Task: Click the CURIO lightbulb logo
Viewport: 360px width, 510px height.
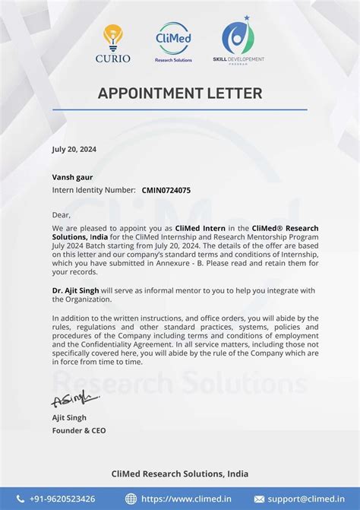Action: [113, 43]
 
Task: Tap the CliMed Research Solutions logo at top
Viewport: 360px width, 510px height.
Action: [174, 42]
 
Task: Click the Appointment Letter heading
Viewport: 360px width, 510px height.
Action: [180, 93]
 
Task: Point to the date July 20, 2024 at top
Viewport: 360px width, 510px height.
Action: [74, 149]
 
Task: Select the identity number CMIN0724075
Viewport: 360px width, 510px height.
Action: [166, 190]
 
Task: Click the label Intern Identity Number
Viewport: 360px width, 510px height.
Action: [93, 190]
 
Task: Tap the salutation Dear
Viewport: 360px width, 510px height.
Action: [62, 215]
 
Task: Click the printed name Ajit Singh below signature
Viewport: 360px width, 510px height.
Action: [69, 417]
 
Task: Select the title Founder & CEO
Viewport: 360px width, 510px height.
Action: [79, 430]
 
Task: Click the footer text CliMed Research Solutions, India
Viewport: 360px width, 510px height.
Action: [180, 474]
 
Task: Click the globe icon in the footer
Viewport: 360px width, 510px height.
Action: [131, 499]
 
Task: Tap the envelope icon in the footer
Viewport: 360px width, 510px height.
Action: [259, 499]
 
